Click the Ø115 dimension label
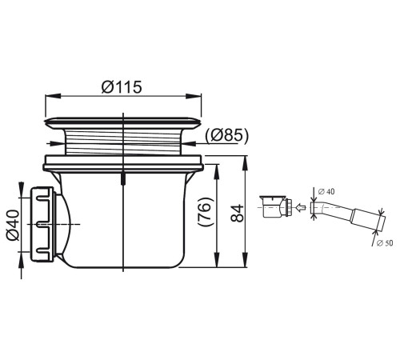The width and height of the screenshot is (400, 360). coord(122,87)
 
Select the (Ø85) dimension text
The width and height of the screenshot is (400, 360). coord(226,135)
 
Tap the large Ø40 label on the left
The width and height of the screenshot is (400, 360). coord(14,226)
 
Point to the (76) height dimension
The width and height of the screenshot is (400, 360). coord(206,212)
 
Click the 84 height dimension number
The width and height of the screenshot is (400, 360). coord(238,213)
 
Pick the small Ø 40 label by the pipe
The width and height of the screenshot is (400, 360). coord(326,191)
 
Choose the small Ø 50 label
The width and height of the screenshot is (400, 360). coord(385,243)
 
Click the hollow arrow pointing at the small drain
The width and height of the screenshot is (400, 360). coord(300,206)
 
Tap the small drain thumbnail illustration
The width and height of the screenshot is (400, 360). coord(276,206)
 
